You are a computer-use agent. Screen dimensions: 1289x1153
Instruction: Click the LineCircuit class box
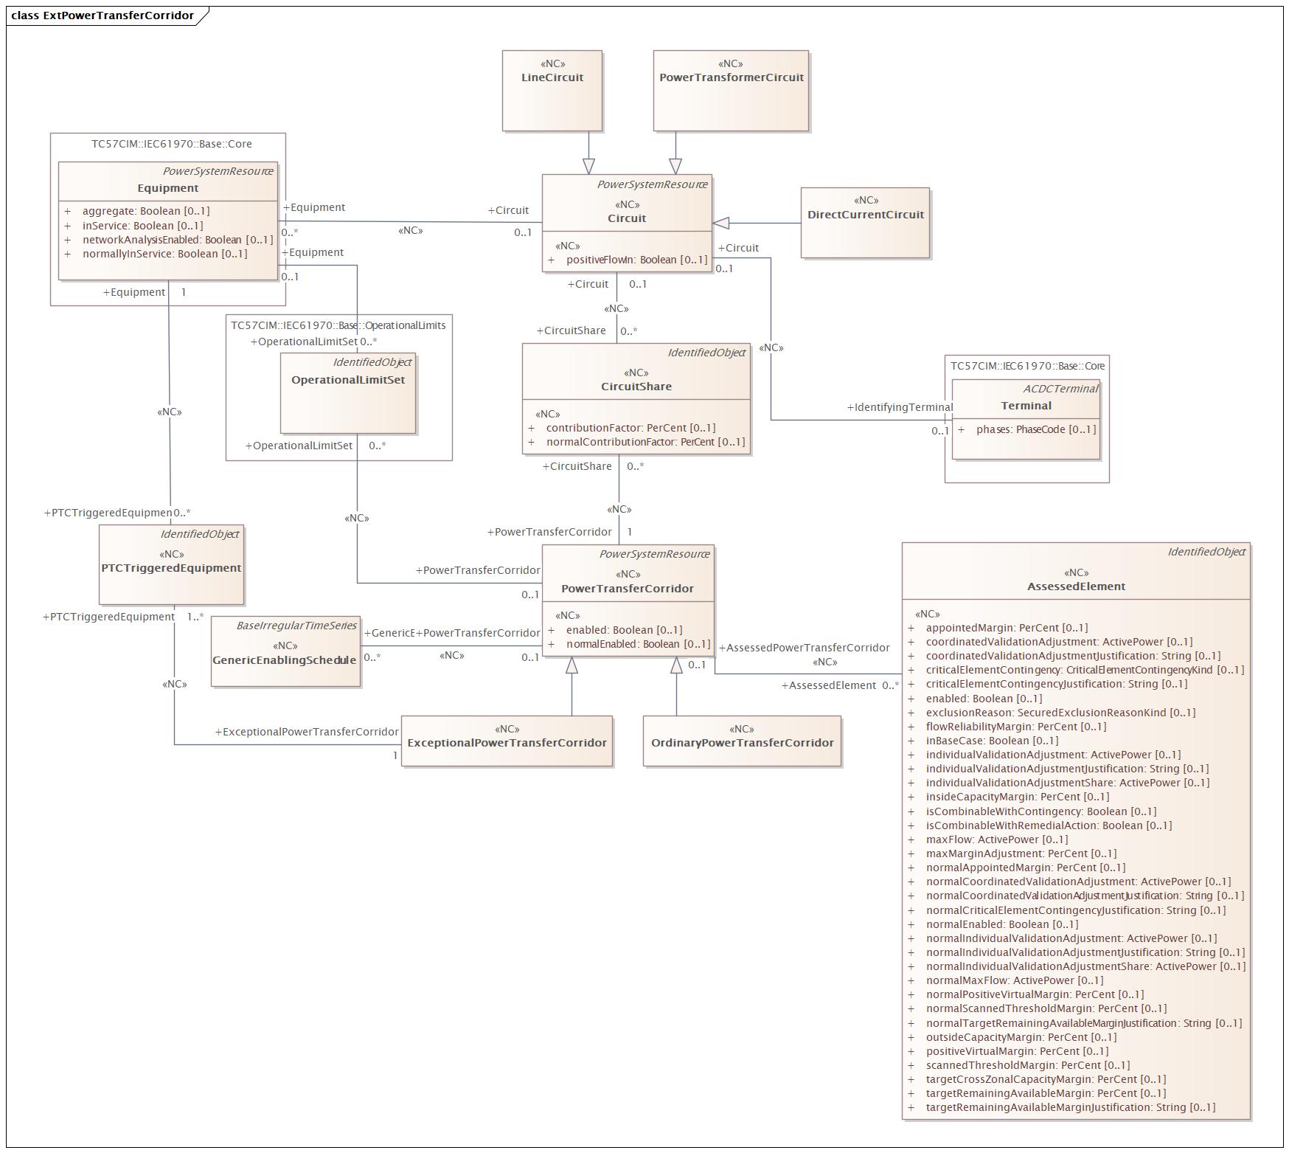[552, 91]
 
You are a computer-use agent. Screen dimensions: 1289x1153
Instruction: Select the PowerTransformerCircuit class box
[731, 91]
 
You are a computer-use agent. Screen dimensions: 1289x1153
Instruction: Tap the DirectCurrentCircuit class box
[865, 222]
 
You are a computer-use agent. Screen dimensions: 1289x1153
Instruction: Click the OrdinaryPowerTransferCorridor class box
[742, 741]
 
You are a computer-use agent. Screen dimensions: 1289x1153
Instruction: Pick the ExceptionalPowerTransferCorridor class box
[507, 741]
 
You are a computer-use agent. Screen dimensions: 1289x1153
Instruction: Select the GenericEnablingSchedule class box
[285, 651]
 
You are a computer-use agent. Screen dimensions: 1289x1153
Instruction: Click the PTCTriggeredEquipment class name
[171, 568]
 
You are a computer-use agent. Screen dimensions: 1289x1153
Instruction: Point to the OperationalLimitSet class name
[348, 380]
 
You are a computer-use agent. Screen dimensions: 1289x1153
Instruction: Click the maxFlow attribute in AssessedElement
[997, 839]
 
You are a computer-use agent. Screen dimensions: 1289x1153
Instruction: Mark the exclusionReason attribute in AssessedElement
[1061, 713]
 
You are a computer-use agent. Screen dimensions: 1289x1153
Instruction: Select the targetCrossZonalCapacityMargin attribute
[1046, 1079]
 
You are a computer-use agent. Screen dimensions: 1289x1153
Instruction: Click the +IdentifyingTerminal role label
[900, 407]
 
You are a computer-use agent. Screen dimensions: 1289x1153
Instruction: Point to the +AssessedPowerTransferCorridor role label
[804, 648]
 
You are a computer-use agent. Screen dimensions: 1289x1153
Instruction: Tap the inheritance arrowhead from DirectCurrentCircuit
[720, 223]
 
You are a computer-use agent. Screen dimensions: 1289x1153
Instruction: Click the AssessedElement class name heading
[1076, 586]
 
